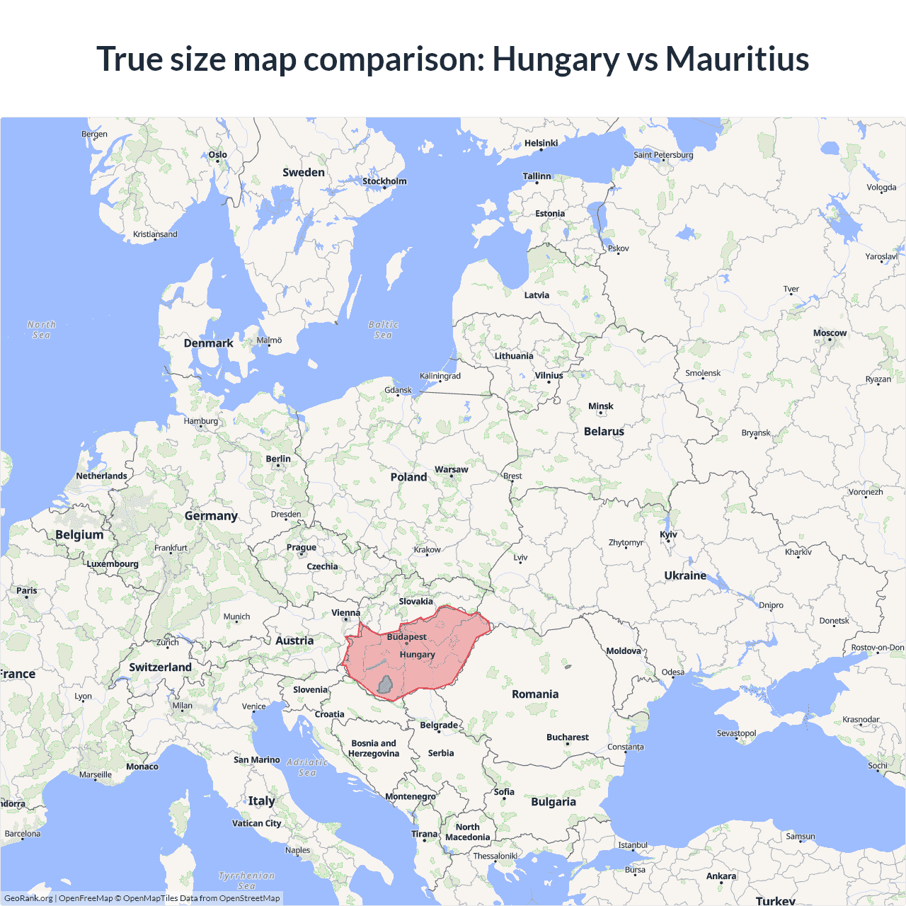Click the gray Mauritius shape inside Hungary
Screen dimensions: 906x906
[x=385, y=684]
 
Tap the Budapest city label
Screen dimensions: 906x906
[x=406, y=637]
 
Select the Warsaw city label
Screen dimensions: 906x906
[x=451, y=470]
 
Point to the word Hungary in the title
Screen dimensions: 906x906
[x=556, y=59]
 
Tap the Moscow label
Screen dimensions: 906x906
[x=830, y=333]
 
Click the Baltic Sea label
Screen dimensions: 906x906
[x=383, y=330]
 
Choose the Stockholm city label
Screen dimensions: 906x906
[x=384, y=181]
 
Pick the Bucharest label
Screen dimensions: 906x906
[x=567, y=738]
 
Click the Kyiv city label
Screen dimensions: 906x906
[x=668, y=535]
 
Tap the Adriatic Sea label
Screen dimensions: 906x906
[x=307, y=767]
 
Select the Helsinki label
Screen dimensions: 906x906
[x=541, y=143]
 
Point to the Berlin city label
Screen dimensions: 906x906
[x=278, y=459]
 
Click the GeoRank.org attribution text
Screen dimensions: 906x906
[x=28, y=898]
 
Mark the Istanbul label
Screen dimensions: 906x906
[x=633, y=845]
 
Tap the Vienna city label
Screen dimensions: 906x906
[x=345, y=613]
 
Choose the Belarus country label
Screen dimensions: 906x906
[x=604, y=432]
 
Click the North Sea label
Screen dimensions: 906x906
[x=41, y=330]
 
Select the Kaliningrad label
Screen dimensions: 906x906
[x=440, y=377]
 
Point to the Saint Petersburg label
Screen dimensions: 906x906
[x=663, y=155]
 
